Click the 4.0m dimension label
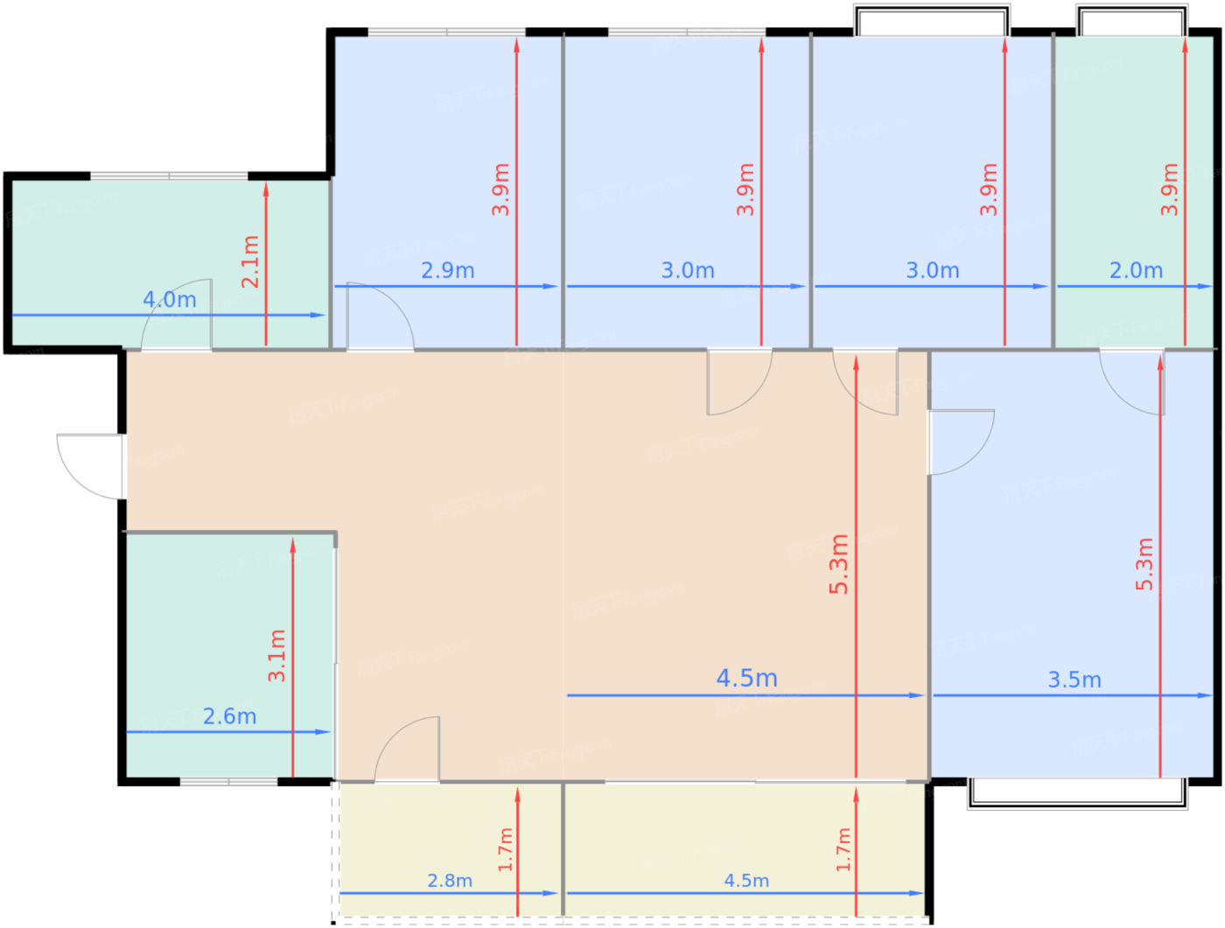click(x=170, y=299)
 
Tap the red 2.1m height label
click(x=250, y=262)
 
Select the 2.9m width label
click(x=448, y=270)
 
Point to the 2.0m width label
click(x=1136, y=270)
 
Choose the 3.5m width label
click(x=1074, y=680)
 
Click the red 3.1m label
click(x=276, y=655)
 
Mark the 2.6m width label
click(x=229, y=716)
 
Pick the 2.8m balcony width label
click(x=450, y=881)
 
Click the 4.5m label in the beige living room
click(x=746, y=678)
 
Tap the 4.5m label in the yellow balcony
click(x=746, y=881)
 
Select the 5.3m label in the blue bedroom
click(x=1144, y=564)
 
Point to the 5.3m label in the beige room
click(x=839, y=564)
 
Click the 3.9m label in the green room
click(x=1169, y=190)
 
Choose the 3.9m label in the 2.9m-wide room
click(x=500, y=190)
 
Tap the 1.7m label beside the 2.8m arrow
click(x=505, y=849)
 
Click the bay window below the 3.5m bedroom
click(x=1077, y=793)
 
